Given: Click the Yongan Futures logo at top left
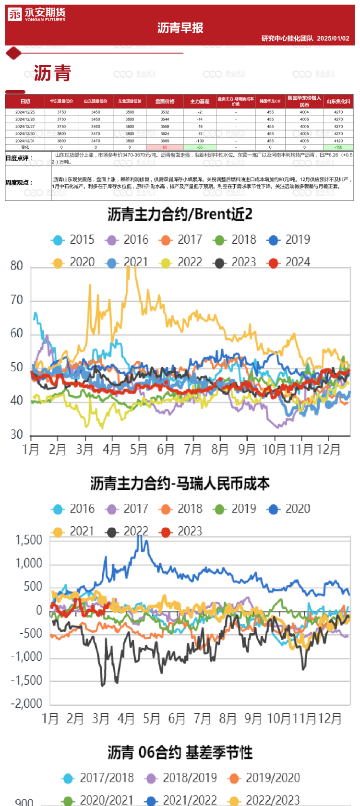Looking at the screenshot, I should coord(36,15).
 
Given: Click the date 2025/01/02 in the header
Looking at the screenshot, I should coord(333,38).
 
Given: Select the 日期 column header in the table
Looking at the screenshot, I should coord(25,101).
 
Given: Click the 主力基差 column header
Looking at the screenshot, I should coord(200,101).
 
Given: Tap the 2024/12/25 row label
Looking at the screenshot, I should coord(25,112).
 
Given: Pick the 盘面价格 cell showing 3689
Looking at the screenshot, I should coord(165,141).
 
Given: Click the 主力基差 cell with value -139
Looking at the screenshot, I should coord(200,141).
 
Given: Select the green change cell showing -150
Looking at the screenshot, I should coord(338,147).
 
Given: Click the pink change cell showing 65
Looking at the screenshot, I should coord(165,147).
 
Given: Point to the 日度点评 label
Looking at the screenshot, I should coord(19,158).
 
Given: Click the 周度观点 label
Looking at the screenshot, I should coord(19,182).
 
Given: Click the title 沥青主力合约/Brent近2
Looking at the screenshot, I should coord(180,214).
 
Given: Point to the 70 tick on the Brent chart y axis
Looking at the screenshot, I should coord(17,300).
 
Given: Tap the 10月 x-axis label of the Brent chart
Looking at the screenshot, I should coord(274,450).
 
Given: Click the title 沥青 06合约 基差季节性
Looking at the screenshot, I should coord(180,752).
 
